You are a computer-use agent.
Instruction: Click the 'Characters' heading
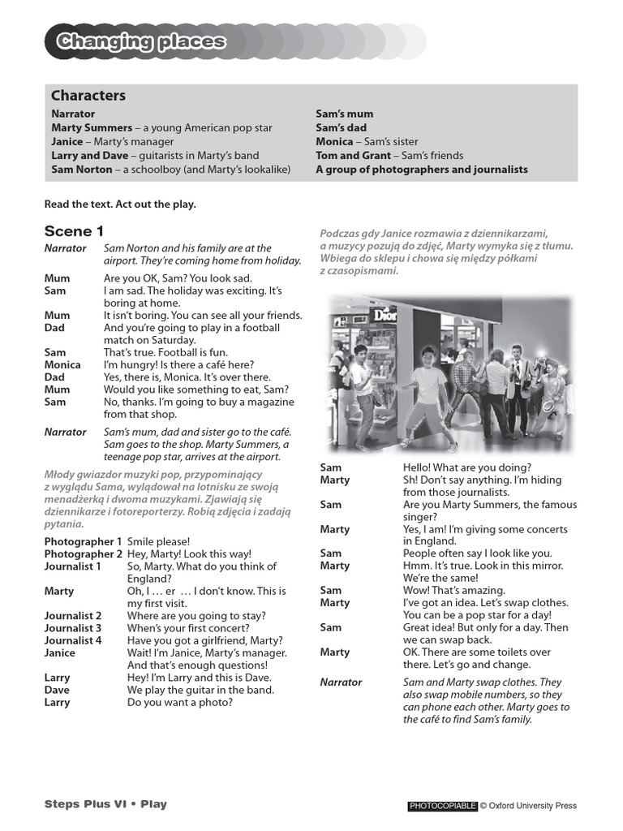coord(88,96)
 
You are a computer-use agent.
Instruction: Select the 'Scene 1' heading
coord(74,230)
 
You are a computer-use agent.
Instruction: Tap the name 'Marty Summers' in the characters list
coord(92,128)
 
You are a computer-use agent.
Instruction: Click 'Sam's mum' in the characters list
coord(344,114)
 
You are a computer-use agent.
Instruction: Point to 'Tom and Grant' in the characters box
coord(353,156)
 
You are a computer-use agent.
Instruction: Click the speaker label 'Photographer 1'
coord(83,541)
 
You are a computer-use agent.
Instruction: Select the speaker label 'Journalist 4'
coord(73,640)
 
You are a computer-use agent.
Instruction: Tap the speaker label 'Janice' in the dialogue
coord(60,652)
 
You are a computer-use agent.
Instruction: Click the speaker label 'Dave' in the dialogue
coord(57,690)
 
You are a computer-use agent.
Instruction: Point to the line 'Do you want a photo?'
coord(179,702)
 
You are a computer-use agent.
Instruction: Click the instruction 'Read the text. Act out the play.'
coord(120,205)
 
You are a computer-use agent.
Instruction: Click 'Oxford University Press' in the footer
coord(532,806)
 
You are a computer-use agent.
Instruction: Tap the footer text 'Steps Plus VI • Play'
coord(105,804)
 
